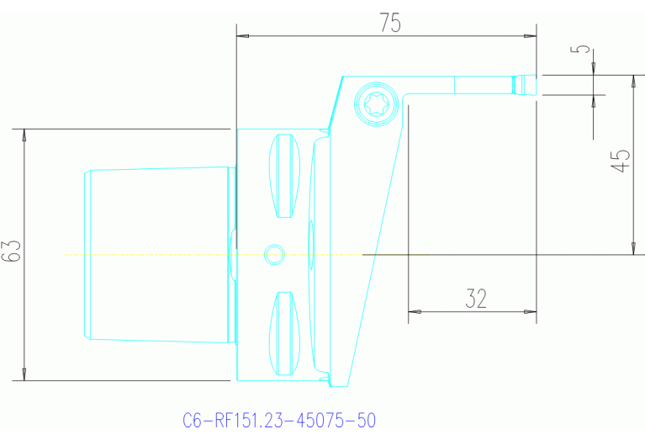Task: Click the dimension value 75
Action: pyautogui.click(x=389, y=23)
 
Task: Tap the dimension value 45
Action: pyautogui.click(x=621, y=160)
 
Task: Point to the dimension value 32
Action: pyautogui.click(x=475, y=298)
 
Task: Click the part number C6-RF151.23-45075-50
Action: pyautogui.click(x=278, y=420)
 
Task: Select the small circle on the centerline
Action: pyautogui.click(x=273, y=253)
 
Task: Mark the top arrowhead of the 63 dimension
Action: pyautogui.click(x=24, y=135)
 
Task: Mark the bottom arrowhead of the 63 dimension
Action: pyautogui.click(x=24, y=374)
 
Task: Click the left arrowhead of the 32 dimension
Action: pyautogui.click(x=414, y=312)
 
